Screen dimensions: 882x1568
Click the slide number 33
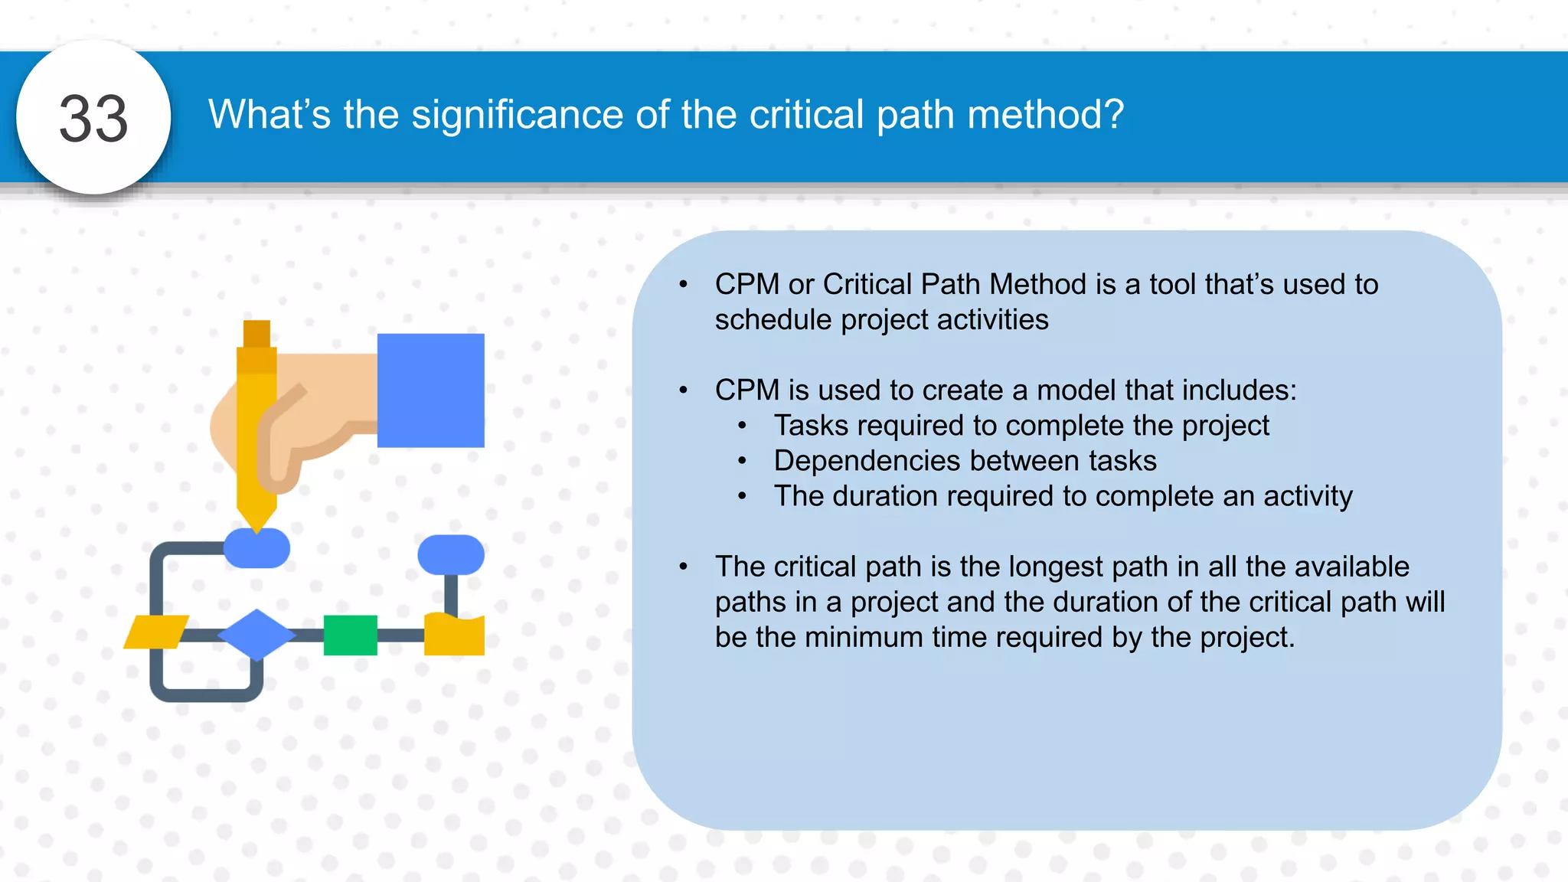coord(93,119)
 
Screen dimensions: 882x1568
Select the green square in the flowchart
coord(350,635)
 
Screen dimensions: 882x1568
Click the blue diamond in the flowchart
coord(256,634)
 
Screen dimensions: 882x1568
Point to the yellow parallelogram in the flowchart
coord(155,632)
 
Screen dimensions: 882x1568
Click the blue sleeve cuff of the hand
coord(430,390)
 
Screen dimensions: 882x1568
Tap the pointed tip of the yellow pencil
coord(256,524)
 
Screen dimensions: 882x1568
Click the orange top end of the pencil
coord(256,335)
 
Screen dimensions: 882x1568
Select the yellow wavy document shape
coord(454,635)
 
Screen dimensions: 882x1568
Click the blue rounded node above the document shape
coord(451,554)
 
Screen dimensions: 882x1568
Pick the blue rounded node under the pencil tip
coord(256,549)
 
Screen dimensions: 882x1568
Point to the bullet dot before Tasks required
coord(742,426)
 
